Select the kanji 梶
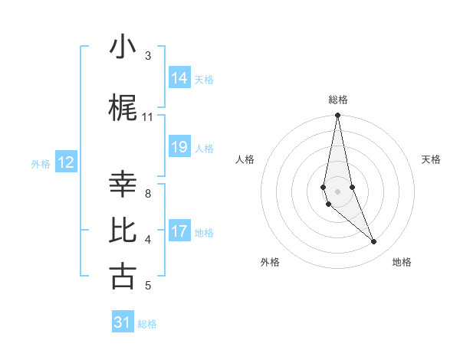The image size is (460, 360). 123,108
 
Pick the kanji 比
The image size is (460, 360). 123,231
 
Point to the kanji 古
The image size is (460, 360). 123,277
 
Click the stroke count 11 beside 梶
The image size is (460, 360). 148,117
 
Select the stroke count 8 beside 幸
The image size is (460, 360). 148,194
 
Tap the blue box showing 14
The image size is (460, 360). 179,77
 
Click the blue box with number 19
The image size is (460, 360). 179,147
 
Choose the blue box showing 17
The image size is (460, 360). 179,231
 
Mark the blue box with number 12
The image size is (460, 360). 66,162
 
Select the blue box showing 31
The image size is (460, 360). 123,322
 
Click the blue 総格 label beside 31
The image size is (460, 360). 147,324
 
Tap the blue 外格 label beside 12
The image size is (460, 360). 41,163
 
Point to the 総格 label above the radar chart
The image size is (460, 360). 337,100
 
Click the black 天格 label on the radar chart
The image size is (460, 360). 431,159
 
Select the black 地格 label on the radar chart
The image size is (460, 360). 402,262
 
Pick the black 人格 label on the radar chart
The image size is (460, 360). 245,159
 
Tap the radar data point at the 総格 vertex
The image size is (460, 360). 337,116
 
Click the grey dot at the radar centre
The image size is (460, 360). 337,191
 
